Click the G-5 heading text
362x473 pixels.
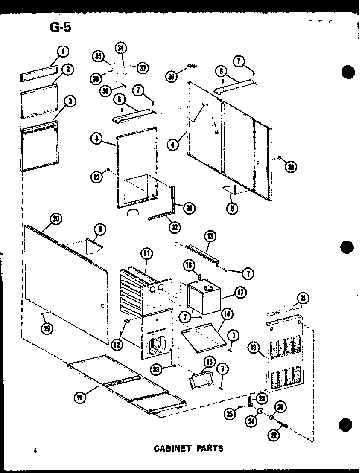(59, 27)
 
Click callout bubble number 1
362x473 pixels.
(62, 52)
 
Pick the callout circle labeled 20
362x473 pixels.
(55, 219)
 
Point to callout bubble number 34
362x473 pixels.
(121, 49)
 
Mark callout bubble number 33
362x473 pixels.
(158, 370)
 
